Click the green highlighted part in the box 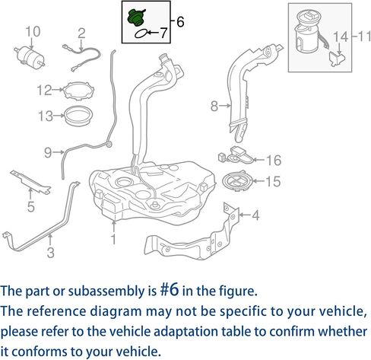136,18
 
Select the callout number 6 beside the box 180,22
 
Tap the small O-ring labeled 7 141,33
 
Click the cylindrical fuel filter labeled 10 30,57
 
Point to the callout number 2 81,33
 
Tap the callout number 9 48,153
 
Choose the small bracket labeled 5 30,183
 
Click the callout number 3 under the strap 51,253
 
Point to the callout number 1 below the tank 114,239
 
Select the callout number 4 255,215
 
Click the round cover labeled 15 237,182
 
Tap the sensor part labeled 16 236,155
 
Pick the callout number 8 214,106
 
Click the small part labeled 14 338,59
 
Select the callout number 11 364,37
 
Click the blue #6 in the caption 170,290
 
